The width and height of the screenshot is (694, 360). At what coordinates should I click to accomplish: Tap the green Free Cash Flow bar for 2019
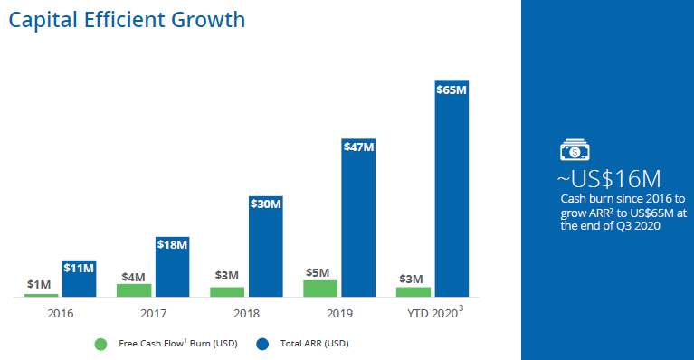click(320, 288)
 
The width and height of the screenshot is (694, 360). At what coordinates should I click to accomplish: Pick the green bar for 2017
click(134, 289)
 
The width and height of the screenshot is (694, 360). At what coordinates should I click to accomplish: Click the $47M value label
click(358, 147)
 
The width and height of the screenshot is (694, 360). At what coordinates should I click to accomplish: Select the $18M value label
click(172, 244)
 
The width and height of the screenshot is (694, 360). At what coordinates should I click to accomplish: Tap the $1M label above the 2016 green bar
click(41, 284)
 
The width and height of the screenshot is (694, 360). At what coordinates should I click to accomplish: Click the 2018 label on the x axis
click(246, 313)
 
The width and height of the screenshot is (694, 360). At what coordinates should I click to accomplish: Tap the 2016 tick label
click(60, 313)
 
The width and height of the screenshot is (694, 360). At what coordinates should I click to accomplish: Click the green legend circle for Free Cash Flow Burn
click(100, 344)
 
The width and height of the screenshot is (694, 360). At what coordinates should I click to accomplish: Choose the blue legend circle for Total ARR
click(262, 344)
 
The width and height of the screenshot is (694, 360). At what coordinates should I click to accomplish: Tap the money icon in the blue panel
click(575, 149)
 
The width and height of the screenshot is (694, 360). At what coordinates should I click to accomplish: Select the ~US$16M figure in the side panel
click(607, 176)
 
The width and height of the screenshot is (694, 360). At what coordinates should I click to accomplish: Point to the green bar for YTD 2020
click(414, 291)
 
